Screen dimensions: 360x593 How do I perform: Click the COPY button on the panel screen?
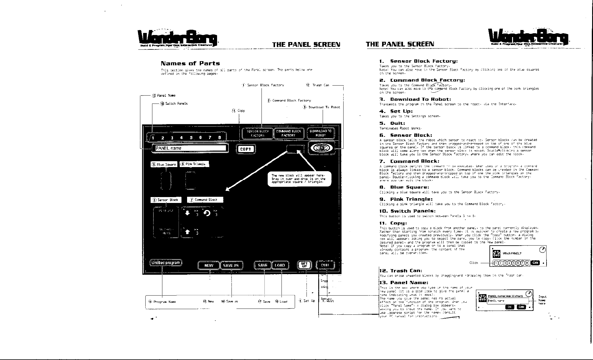point(246,149)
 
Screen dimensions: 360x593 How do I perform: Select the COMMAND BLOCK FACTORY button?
point(288,133)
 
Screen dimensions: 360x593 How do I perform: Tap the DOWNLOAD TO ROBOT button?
point(321,133)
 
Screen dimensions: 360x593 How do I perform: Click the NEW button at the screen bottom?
point(209,265)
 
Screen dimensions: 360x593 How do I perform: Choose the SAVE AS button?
point(231,265)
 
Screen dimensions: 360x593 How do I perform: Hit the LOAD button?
point(280,265)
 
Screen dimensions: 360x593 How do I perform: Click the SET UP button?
point(304,265)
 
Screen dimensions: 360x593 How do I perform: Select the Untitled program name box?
point(166,263)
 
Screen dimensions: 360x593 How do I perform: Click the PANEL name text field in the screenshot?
point(190,148)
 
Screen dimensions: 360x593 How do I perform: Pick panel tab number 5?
point(191,137)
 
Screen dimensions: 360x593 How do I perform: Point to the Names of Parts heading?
point(190,63)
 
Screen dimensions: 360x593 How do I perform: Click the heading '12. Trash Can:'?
point(401,271)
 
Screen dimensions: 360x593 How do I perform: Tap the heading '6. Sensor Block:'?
point(406,135)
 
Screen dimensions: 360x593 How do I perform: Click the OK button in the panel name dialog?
point(509,307)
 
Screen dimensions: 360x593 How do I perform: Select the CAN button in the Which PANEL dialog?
point(535,263)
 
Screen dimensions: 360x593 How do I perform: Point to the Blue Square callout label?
point(164,164)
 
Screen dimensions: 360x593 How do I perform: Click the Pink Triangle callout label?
point(194,164)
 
